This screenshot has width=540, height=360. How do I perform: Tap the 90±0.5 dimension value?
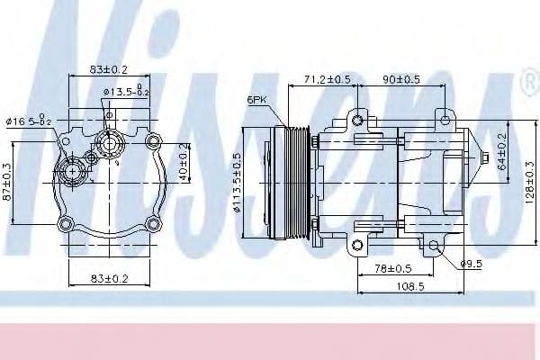[x=401, y=80]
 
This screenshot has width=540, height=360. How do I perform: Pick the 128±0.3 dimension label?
[x=531, y=181]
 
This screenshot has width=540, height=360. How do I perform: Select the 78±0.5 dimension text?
[x=394, y=268]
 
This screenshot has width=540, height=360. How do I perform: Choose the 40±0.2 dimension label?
[x=185, y=160]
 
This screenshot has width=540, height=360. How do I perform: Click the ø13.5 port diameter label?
[x=126, y=91]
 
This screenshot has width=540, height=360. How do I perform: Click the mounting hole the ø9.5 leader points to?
[x=434, y=245]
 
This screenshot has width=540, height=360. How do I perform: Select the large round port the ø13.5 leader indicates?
[x=109, y=141]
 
